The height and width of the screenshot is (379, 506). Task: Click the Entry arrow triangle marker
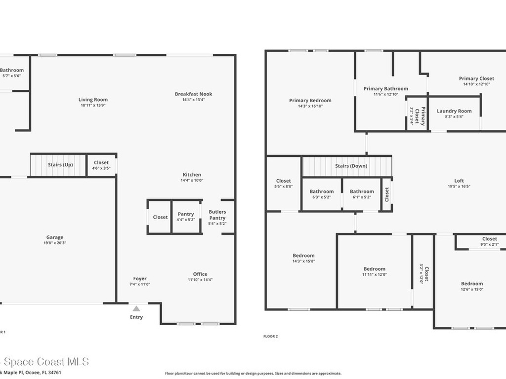click(x=136, y=308)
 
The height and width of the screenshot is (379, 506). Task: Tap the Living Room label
click(x=93, y=100)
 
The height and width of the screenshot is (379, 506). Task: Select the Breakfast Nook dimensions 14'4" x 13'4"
click(x=193, y=100)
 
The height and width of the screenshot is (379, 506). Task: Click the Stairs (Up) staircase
click(x=59, y=165)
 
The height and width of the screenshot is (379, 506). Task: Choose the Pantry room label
click(x=186, y=214)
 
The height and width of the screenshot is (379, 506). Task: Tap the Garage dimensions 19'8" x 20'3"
click(x=55, y=243)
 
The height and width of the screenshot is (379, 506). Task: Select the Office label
click(x=200, y=274)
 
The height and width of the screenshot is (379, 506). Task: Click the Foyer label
click(x=140, y=279)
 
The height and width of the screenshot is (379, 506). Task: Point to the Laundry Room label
click(x=454, y=111)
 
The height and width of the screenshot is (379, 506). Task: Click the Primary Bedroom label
click(x=310, y=101)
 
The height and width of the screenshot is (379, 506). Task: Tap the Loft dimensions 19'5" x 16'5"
click(x=459, y=187)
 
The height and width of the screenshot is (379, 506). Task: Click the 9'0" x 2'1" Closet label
click(x=490, y=239)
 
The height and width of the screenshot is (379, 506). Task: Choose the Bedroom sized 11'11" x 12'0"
click(x=374, y=269)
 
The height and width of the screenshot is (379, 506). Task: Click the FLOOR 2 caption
click(x=271, y=337)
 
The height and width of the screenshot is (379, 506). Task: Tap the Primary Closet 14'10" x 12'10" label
click(x=476, y=78)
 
